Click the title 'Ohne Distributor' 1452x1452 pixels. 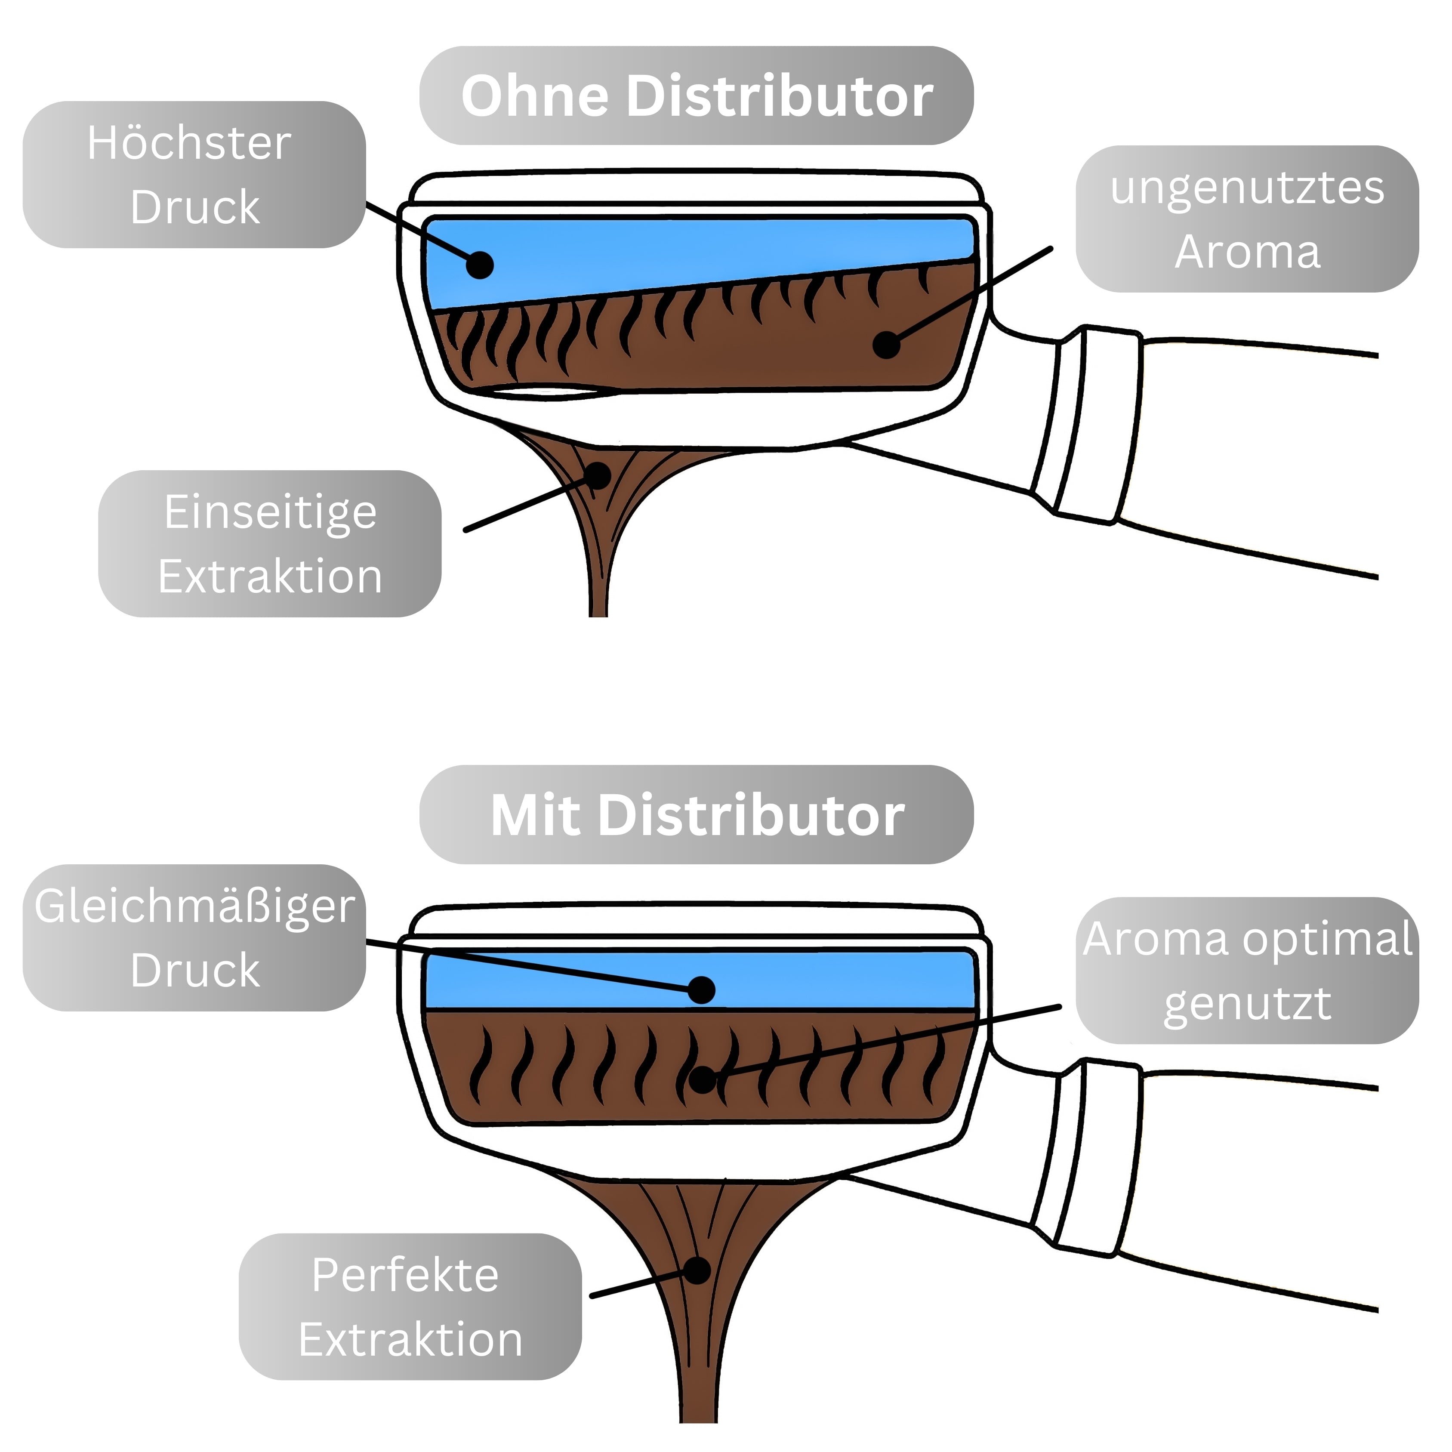click(696, 96)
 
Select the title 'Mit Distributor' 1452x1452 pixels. click(696, 815)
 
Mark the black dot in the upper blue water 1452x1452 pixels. click(480, 265)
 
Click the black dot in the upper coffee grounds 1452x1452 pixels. click(887, 345)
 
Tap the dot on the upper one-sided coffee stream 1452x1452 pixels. click(598, 475)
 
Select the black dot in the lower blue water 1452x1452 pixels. click(701, 990)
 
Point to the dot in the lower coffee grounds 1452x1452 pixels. click(703, 1080)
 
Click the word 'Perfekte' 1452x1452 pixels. click(405, 1275)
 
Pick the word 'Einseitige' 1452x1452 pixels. click(270, 512)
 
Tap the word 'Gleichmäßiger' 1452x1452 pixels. click(194, 906)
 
